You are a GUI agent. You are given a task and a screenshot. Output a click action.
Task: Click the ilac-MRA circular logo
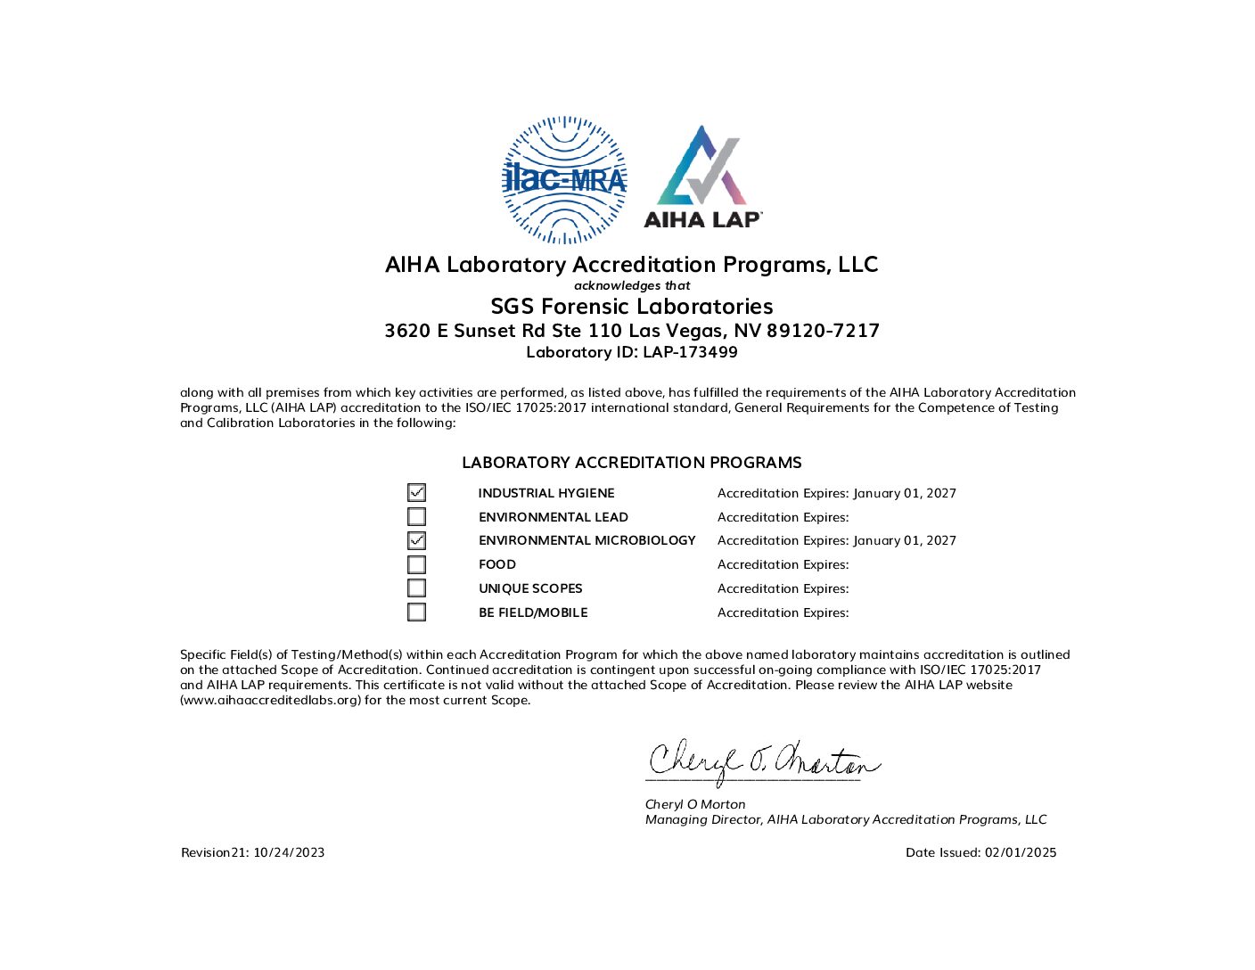tap(564, 179)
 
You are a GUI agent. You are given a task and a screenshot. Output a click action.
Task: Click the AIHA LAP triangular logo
tap(702, 177)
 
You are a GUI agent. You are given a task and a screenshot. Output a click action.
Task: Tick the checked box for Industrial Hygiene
tap(416, 493)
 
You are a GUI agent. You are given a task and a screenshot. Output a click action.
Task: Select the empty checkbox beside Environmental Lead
tap(416, 517)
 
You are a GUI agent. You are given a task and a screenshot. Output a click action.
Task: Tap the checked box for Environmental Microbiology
tap(416, 540)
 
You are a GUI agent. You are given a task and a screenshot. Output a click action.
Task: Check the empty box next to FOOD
tap(416, 564)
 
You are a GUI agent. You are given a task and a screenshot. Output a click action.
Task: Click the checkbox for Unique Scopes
tap(416, 588)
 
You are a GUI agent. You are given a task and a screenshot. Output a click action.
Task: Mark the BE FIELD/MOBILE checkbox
tap(416, 612)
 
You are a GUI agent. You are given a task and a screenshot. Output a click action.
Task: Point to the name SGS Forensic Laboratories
tap(631, 307)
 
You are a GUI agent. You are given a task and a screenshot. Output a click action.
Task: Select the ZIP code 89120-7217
tap(823, 331)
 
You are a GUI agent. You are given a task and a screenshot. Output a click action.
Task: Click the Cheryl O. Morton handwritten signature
tap(762, 762)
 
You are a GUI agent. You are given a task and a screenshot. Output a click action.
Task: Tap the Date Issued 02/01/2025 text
tap(980, 852)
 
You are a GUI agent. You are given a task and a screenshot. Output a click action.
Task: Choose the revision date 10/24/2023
tap(289, 852)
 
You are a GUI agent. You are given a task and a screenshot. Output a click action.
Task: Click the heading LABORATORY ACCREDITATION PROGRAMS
tap(631, 463)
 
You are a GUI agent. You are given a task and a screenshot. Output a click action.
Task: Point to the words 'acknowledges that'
tap(631, 285)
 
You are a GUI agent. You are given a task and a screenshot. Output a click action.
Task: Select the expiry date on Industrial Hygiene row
tap(904, 493)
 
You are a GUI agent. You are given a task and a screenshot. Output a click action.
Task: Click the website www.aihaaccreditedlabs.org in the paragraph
tap(271, 701)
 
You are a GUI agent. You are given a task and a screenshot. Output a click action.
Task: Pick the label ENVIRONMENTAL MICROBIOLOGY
tap(586, 540)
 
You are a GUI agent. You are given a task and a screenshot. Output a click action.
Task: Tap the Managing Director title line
tap(845, 819)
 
